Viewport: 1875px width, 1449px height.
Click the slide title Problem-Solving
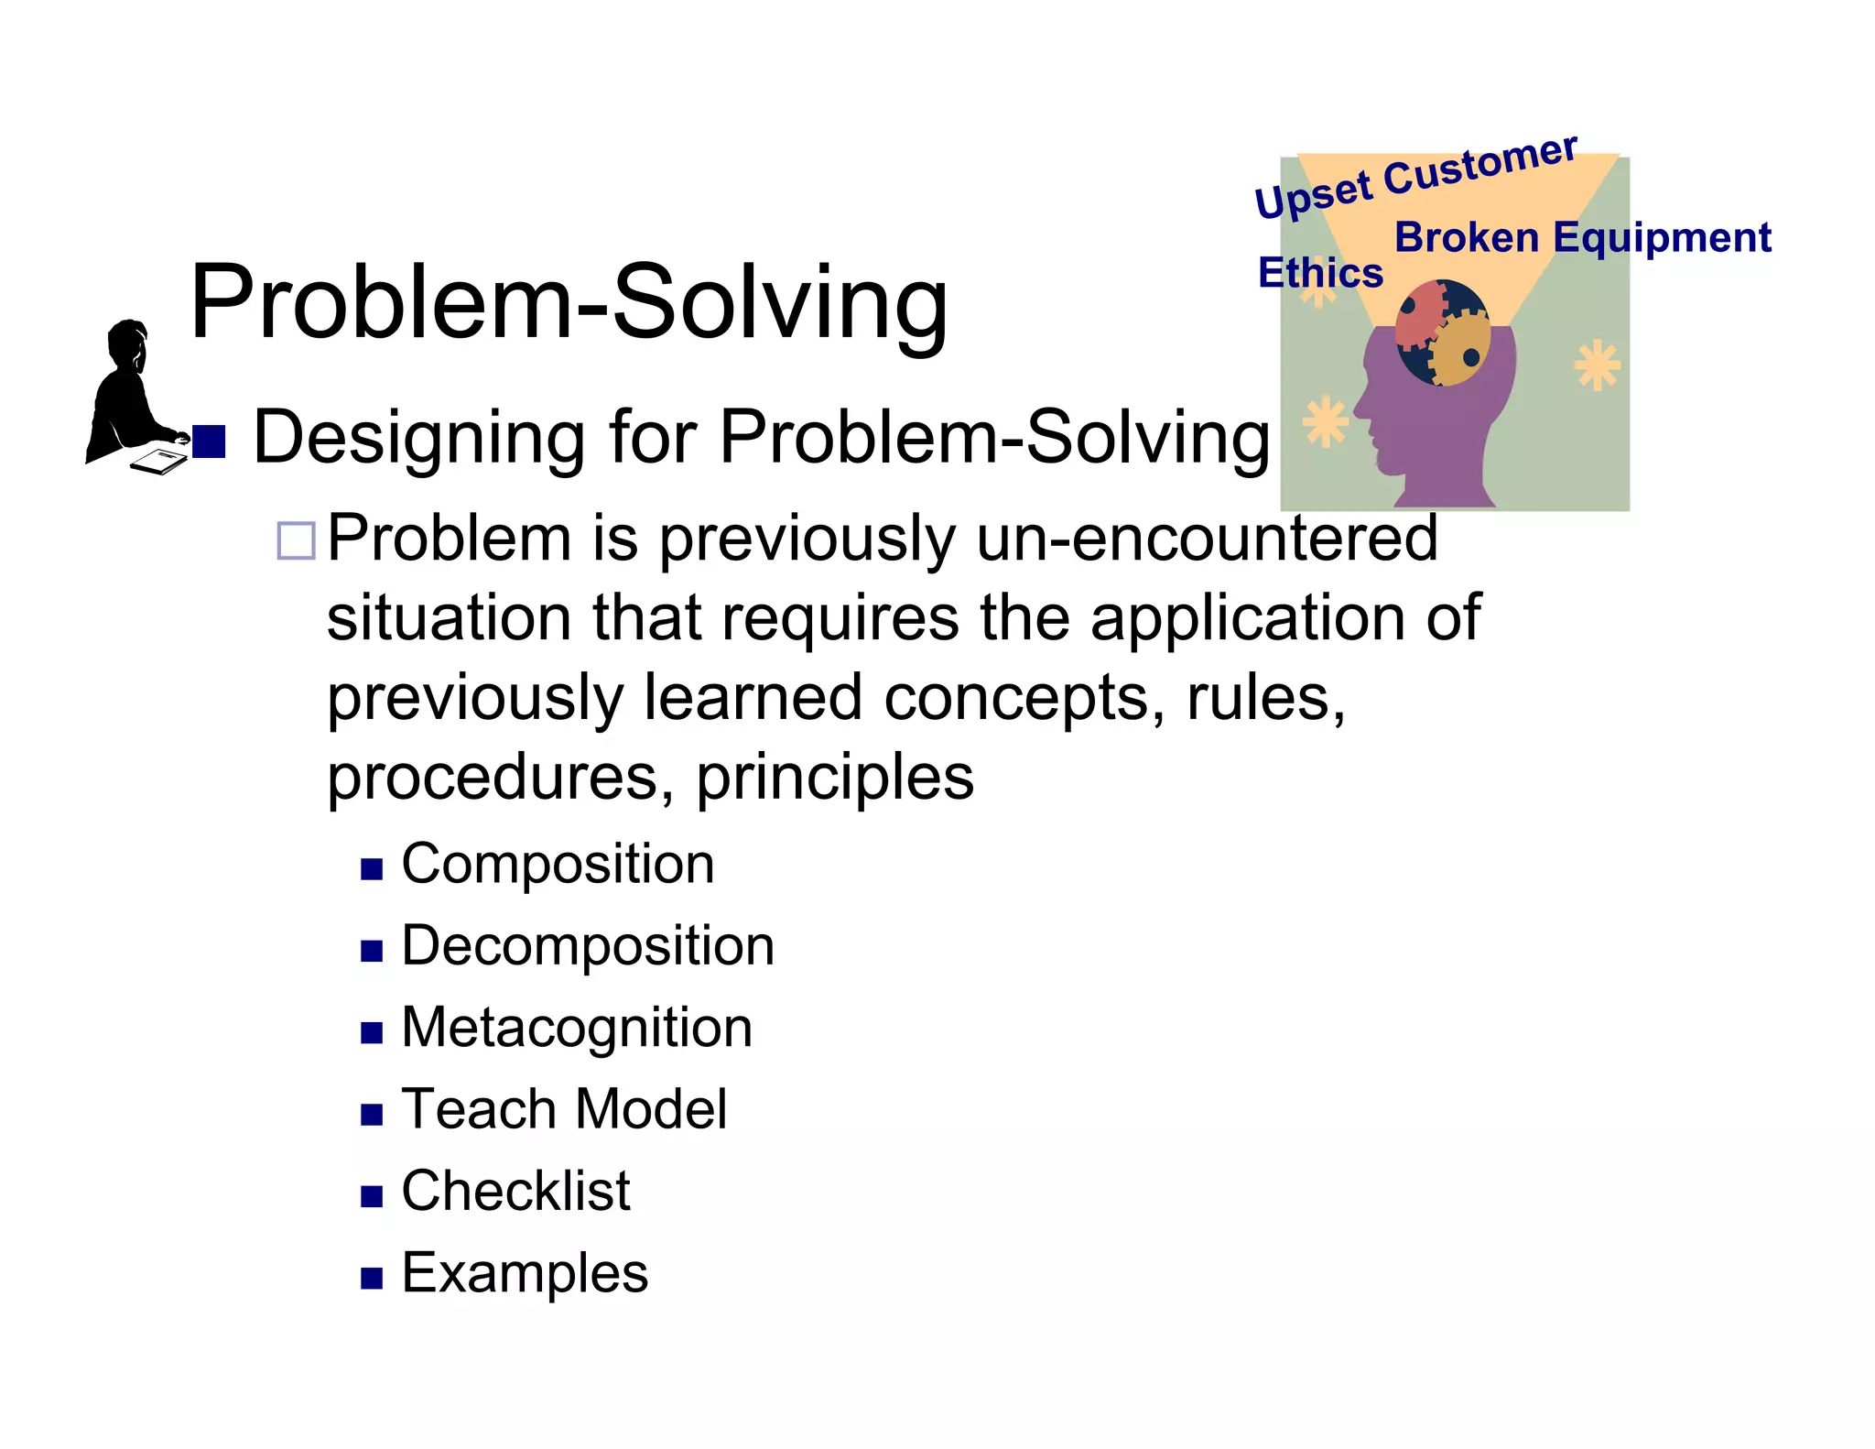pyautogui.click(x=568, y=302)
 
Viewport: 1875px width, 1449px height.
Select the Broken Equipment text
pyautogui.click(x=1582, y=238)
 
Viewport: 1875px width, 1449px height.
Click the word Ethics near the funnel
pyautogui.click(x=1319, y=273)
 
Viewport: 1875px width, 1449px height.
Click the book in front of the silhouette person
pyautogui.click(x=157, y=460)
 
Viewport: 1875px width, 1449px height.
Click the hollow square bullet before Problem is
pyautogui.click(x=296, y=540)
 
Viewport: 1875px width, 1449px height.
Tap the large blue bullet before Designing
pyautogui.click(x=209, y=441)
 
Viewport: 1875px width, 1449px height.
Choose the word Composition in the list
pyautogui.click(x=558, y=864)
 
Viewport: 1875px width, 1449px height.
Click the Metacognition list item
pyautogui.click(x=577, y=1028)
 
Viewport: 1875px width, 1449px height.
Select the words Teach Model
pyautogui.click(x=564, y=1109)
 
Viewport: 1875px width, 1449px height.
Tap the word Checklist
pyautogui.click(x=515, y=1191)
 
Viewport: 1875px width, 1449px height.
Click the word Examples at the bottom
pyautogui.click(x=525, y=1273)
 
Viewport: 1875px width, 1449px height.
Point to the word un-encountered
pyautogui.click(x=1207, y=539)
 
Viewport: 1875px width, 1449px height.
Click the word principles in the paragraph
pyautogui.click(x=834, y=778)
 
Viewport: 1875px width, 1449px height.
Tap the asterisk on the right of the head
pyautogui.click(x=1597, y=365)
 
